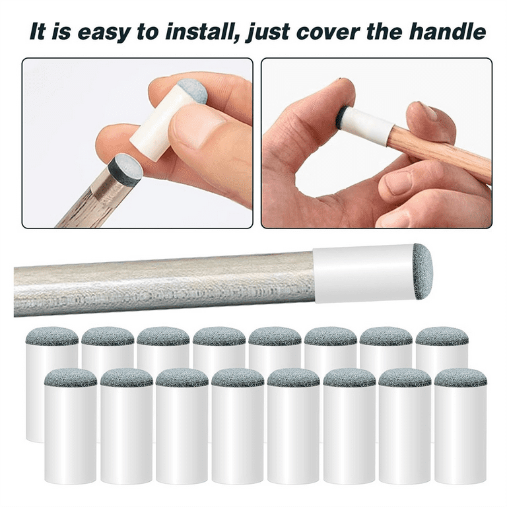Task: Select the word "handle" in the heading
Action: [448, 32]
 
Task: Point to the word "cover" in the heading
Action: [328, 32]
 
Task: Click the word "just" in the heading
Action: [267, 32]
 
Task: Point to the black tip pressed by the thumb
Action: [341, 115]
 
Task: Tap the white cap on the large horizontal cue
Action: [364, 274]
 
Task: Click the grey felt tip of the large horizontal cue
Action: [423, 271]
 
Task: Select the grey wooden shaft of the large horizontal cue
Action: [164, 284]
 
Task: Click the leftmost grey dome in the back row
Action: [51, 336]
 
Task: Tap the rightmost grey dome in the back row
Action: [442, 336]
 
